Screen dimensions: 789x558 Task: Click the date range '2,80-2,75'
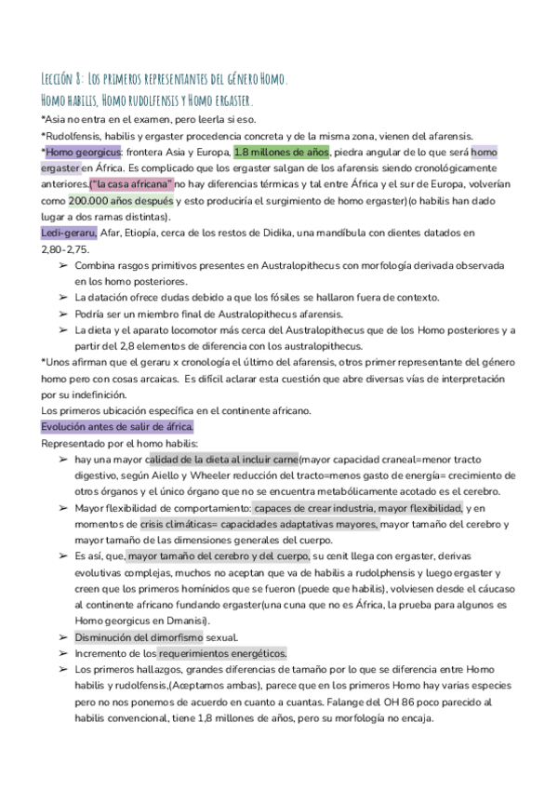pos(66,249)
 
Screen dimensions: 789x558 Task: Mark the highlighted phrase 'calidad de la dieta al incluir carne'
pos(222,459)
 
